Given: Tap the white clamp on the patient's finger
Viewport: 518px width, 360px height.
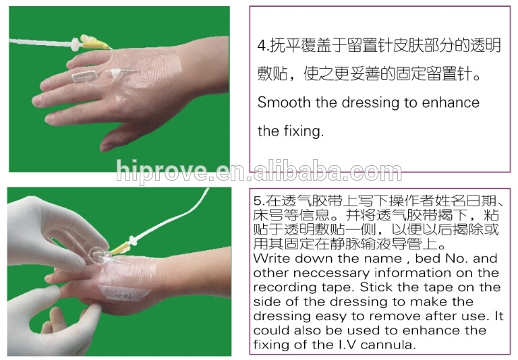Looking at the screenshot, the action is point(84,76).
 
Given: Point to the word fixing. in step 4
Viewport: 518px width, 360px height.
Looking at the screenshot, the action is point(304,131).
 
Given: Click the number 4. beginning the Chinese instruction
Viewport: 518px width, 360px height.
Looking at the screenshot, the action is point(263,45).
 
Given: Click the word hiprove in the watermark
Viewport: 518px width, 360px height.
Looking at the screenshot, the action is point(162,171).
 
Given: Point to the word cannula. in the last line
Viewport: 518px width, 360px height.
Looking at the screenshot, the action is point(388,344).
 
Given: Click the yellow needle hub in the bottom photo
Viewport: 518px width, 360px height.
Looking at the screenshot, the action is point(118,249).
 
